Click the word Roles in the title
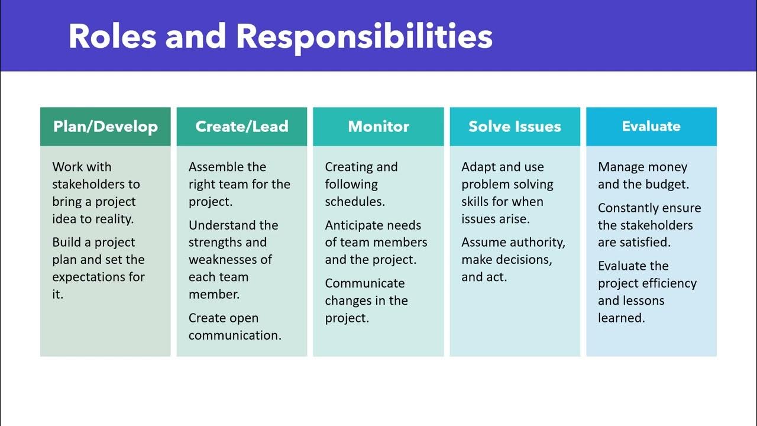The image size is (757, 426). pyautogui.click(x=112, y=37)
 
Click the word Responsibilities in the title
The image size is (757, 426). pyautogui.click(x=364, y=37)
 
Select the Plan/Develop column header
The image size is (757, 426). pyautogui.click(x=105, y=127)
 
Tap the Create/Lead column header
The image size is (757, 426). pyautogui.click(x=242, y=127)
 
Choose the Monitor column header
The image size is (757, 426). pyautogui.click(x=378, y=127)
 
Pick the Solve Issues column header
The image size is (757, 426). pyautogui.click(x=515, y=127)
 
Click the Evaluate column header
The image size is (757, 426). pyautogui.click(x=651, y=127)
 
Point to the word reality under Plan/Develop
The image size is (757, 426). pyautogui.click(x=112, y=219)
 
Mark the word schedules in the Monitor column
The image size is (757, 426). pyautogui.click(x=354, y=202)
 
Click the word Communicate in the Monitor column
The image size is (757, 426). pyautogui.click(x=364, y=283)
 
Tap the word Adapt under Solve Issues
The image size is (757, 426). pyautogui.click(x=478, y=167)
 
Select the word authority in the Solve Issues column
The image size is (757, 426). pyautogui.click(x=536, y=243)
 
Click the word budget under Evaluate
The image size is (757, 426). pyautogui.click(x=669, y=185)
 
